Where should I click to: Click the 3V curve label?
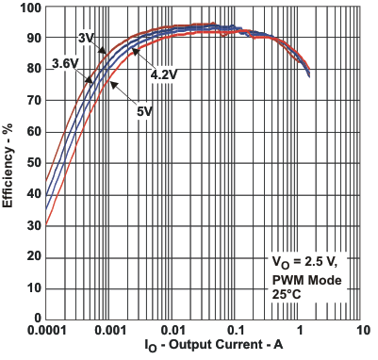click(x=86, y=38)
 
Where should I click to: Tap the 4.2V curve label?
click(x=165, y=72)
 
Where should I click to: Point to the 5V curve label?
click(x=143, y=111)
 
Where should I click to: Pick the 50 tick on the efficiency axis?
click(x=33, y=163)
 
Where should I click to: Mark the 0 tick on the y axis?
click(x=37, y=319)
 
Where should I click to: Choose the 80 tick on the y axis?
click(x=33, y=70)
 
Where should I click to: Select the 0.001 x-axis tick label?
click(x=109, y=332)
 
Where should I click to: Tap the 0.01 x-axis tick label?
click(x=173, y=332)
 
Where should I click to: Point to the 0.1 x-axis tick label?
click(x=237, y=332)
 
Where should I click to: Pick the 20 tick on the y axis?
click(x=33, y=257)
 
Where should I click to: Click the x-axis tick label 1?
click(x=301, y=332)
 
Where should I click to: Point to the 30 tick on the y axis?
click(x=33, y=226)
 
